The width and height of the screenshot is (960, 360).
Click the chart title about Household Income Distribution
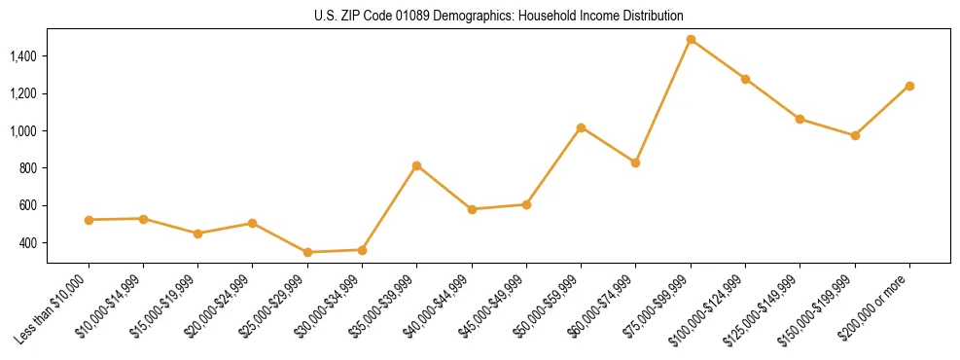click(x=499, y=16)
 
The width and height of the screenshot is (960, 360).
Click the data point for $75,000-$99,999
click(x=691, y=40)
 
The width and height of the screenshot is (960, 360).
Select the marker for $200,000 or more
click(x=909, y=86)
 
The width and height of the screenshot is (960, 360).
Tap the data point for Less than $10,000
click(x=89, y=220)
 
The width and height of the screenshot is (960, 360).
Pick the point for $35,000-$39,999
click(x=417, y=165)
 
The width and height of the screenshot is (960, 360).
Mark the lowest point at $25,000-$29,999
click(x=307, y=252)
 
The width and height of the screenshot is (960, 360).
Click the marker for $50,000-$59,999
click(x=581, y=127)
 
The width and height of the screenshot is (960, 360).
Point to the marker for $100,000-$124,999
click(x=745, y=79)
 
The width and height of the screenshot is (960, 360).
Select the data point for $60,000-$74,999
click(x=635, y=162)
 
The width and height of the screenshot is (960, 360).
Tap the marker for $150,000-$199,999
click(x=855, y=135)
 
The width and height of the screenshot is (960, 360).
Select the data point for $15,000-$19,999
click(x=198, y=234)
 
